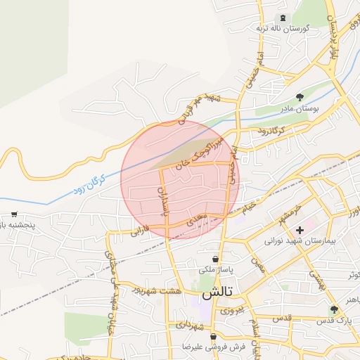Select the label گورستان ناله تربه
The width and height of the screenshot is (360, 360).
282,28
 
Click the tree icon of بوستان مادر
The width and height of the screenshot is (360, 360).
300,97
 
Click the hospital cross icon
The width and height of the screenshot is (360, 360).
300,229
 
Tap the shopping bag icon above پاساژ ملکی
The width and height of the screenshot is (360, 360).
214,259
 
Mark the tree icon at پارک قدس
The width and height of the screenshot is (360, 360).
334,309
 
